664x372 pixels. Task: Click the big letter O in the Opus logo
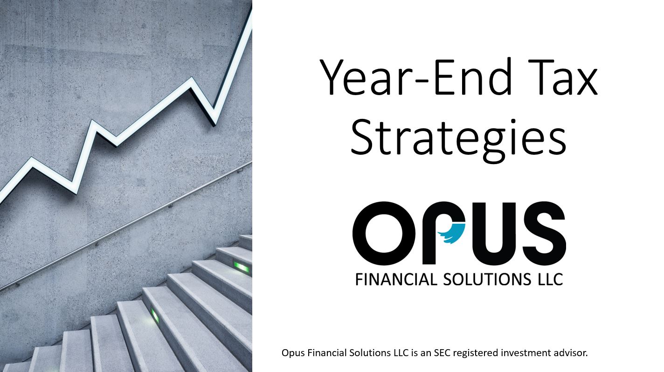pyautogui.click(x=385, y=233)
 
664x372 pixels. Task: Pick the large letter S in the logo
pyautogui.click(x=544, y=233)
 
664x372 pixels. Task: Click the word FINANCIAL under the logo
pyautogui.click(x=396, y=280)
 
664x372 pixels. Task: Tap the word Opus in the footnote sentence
pyautogui.click(x=293, y=353)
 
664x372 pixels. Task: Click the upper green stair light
pyautogui.click(x=242, y=267)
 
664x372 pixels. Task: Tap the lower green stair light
pyautogui.click(x=155, y=315)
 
